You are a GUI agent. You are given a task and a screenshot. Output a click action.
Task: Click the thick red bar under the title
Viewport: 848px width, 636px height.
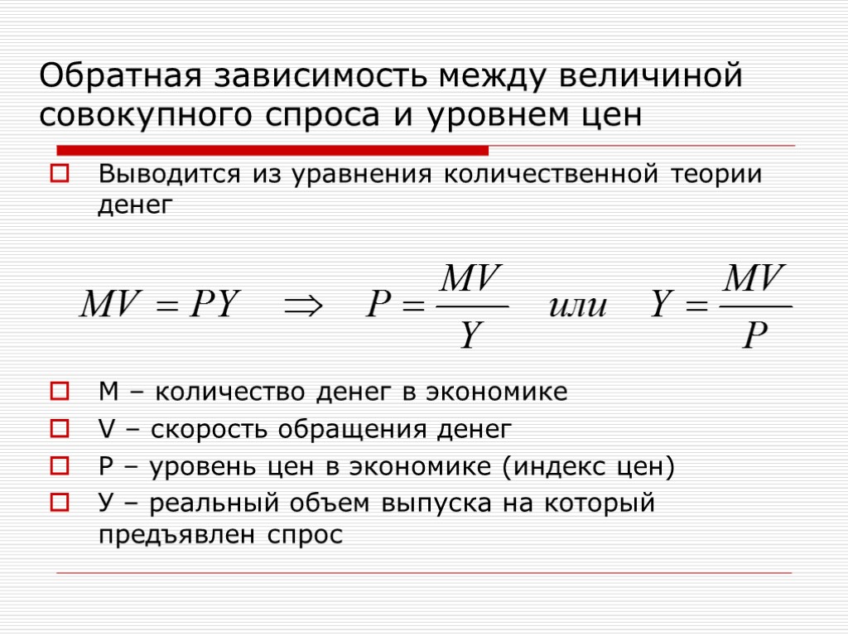[272, 150]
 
